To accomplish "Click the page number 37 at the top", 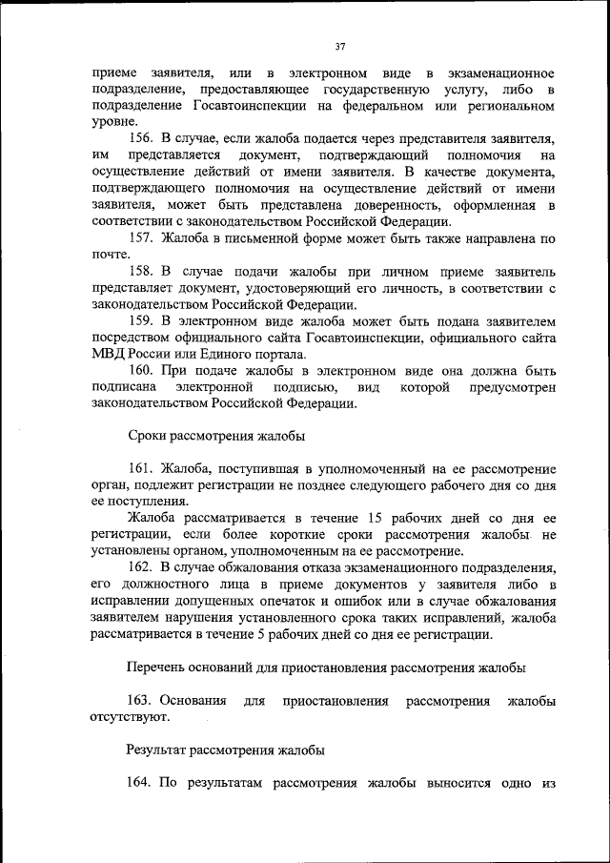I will (x=339, y=46).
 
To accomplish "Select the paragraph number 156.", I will (x=140, y=138).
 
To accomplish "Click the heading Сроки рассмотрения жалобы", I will (x=215, y=436).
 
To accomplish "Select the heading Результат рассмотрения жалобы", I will (x=225, y=750).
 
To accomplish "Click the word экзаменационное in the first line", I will (x=499, y=73).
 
